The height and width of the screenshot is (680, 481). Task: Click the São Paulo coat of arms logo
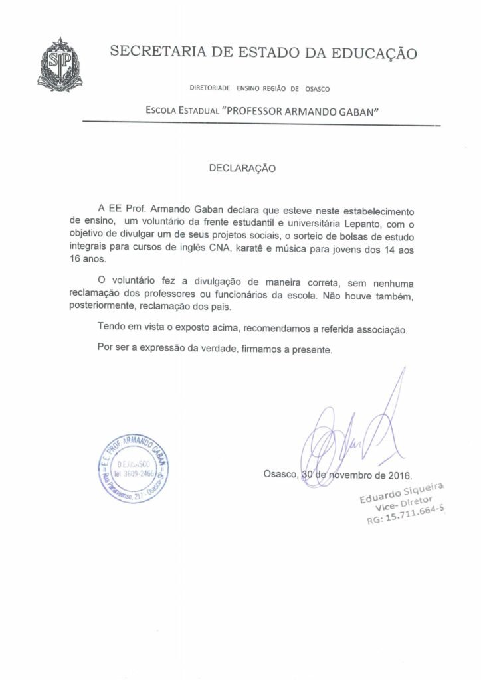pos(60,64)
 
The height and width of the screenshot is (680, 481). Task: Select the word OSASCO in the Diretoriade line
pos(318,88)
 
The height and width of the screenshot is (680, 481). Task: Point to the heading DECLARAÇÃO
pos(242,169)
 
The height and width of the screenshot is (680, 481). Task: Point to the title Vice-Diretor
pos(404,504)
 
